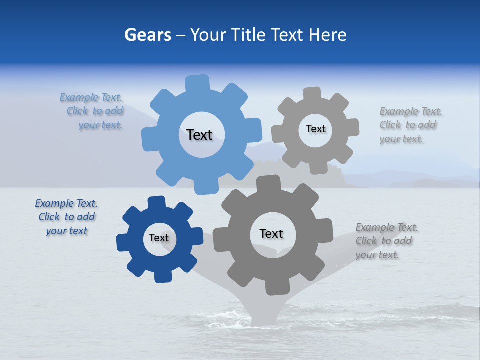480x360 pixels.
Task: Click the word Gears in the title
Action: click(147, 35)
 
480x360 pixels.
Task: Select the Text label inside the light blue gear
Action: click(199, 135)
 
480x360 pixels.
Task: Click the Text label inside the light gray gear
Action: click(315, 129)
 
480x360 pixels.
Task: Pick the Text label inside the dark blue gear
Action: click(159, 238)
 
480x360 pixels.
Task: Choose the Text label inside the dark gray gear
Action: click(271, 233)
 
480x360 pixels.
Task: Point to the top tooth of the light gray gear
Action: click(312, 93)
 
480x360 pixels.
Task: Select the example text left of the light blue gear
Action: click(94, 111)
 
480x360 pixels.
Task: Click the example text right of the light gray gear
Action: click(410, 125)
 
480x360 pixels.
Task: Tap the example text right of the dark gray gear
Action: click(386, 241)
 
